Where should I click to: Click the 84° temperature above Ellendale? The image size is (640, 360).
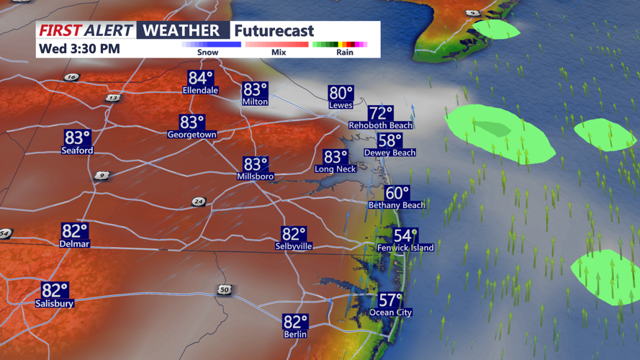point(201,78)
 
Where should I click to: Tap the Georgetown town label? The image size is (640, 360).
point(191,135)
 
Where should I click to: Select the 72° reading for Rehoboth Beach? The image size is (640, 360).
point(380,113)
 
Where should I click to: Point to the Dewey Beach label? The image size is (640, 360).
point(389,153)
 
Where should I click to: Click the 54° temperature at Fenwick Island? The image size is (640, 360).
point(405,235)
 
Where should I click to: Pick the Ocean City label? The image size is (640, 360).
point(392,312)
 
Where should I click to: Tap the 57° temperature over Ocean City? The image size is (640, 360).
point(391,300)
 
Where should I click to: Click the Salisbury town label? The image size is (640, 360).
point(55,304)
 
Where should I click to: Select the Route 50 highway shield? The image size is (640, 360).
point(225,289)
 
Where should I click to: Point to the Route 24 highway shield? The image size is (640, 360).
point(198,202)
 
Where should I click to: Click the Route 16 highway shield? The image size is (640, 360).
point(71,77)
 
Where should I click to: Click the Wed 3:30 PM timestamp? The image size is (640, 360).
point(79,49)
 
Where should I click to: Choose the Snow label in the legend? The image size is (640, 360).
point(208,53)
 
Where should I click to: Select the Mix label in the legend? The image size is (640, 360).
point(278,53)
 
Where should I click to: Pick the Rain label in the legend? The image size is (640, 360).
point(345,53)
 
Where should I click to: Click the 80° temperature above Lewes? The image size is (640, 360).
point(341,93)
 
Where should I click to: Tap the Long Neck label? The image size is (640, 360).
point(335,169)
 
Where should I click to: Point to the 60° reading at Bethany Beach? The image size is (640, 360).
point(397,193)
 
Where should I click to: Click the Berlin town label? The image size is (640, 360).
point(295,334)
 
